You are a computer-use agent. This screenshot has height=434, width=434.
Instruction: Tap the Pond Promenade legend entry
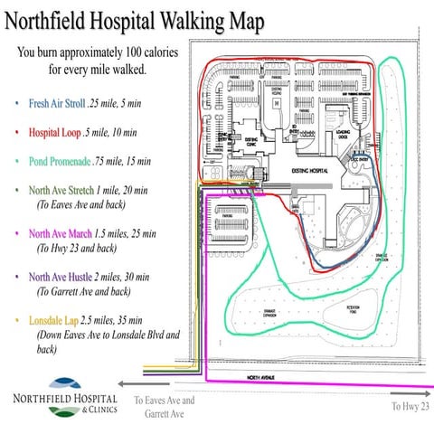point(61,162)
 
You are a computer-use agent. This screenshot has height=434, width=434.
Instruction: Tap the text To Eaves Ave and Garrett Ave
point(163,406)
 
